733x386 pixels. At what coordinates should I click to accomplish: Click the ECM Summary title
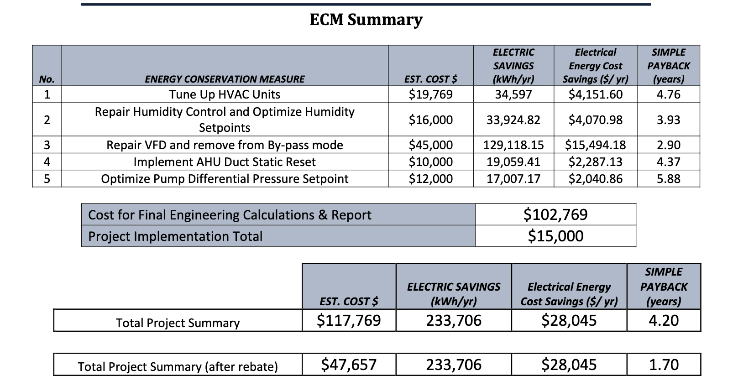[366, 20]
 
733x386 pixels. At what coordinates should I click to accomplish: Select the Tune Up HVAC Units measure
[225, 94]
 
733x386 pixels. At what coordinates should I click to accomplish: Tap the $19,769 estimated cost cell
[430, 94]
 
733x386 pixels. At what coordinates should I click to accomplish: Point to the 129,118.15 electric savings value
[513, 145]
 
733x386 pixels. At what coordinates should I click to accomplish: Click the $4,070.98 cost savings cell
[595, 120]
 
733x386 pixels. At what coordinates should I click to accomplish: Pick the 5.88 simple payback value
[668, 179]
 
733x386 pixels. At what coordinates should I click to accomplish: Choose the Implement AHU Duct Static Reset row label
[225, 162]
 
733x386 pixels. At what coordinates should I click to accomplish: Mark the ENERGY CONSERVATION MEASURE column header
[225, 79]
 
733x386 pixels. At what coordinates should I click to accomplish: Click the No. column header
[47, 79]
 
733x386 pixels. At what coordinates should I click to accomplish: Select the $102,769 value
[555, 214]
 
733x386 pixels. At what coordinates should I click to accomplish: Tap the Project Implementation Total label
[175, 236]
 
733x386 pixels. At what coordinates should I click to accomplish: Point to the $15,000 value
[555, 236]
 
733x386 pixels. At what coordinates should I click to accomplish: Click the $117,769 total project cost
[349, 320]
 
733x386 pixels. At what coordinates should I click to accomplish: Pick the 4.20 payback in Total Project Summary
[664, 320]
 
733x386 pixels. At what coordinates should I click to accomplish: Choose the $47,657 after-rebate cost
[349, 365]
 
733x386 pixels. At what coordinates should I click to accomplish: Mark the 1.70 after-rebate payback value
[664, 365]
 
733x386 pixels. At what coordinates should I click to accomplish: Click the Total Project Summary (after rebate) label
[178, 366]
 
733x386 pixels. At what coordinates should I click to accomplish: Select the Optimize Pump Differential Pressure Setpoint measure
[225, 179]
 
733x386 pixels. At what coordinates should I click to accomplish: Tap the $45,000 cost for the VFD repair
[430, 145]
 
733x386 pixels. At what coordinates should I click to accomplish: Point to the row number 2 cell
[47, 120]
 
